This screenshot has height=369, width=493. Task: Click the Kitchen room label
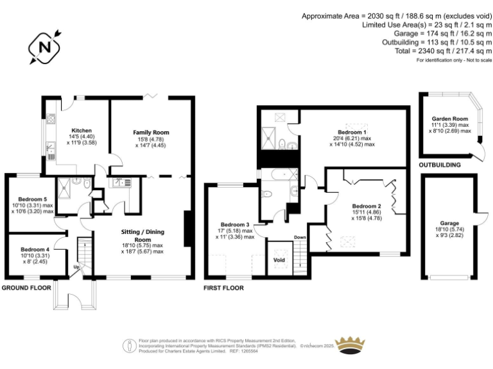click(82, 130)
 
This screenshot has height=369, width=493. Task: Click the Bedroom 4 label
click(34, 249)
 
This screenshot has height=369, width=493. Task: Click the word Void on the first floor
click(279, 260)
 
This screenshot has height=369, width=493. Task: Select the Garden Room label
click(449, 119)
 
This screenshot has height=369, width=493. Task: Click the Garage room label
click(449, 224)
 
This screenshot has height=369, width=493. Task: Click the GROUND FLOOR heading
click(26, 288)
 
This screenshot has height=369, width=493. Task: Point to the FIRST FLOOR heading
click(223, 288)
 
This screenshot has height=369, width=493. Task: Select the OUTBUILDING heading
click(440, 165)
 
